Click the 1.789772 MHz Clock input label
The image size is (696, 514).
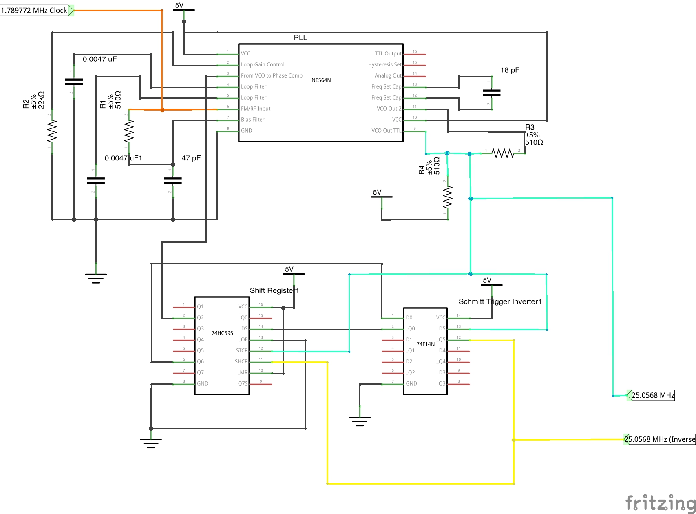pyautogui.click(x=35, y=11)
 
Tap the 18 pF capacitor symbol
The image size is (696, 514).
pyautogui.click(x=491, y=93)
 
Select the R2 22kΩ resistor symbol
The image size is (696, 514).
pyautogui.click(x=52, y=131)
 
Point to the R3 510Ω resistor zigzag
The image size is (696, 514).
pyautogui.click(x=503, y=153)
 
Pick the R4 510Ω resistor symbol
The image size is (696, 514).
pyautogui.click(x=448, y=197)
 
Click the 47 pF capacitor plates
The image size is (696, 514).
pyautogui.click(x=173, y=181)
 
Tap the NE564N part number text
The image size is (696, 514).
pyautogui.click(x=321, y=80)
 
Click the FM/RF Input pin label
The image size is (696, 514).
pyautogui.click(x=256, y=109)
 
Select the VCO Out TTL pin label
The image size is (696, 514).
pyautogui.click(x=386, y=131)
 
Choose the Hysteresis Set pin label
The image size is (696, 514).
pyautogui.click(x=384, y=64)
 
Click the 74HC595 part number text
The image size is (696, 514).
pyautogui.click(x=222, y=333)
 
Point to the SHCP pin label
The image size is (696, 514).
pyautogui.click(x=241, y=361)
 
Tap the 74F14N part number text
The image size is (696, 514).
pyautogui.click(x=425, y=344)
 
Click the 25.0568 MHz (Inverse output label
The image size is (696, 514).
pyautogui.click(x=660, y=439)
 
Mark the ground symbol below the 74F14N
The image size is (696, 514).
pyautogui.click(x=360, y=420)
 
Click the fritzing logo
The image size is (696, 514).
pyautogui.click(x=660, y=503)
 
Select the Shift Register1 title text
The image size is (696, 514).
pyautogui.click(x=274, y=290)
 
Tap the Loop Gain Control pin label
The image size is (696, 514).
pyautogui.click(x=263, y=64)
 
